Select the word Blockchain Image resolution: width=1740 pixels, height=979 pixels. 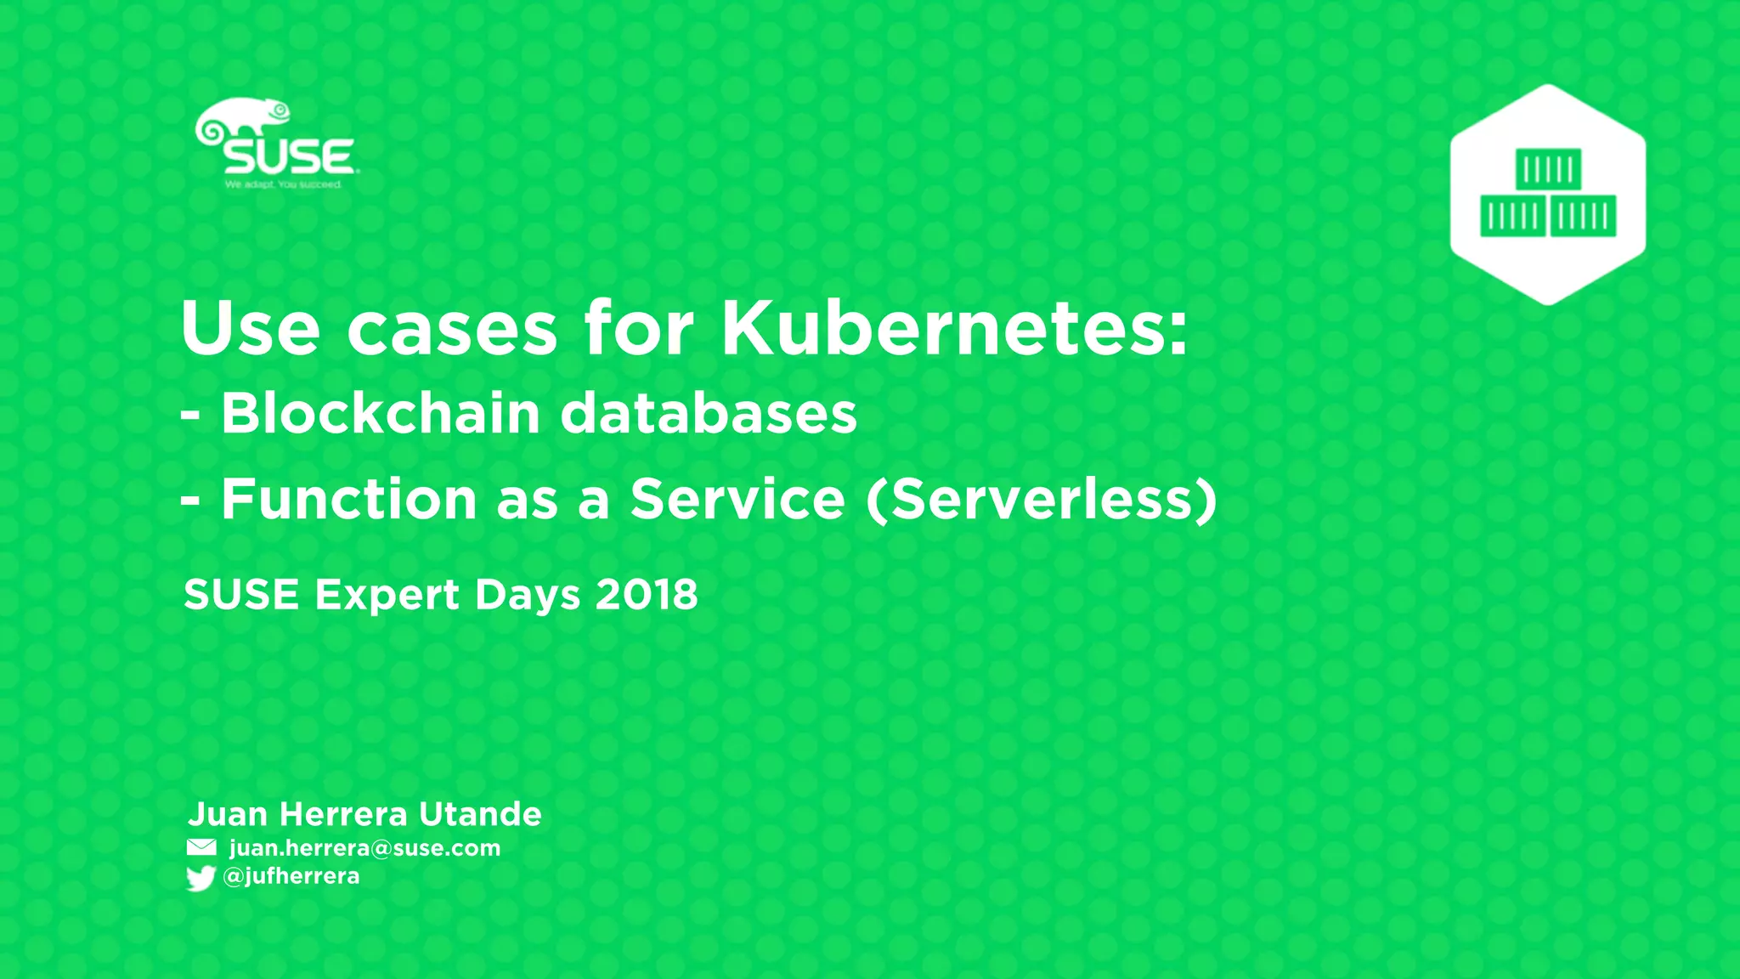coord(381,414)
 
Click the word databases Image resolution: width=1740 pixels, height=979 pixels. coord(709,414)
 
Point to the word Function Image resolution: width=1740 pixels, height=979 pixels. coord(348,499)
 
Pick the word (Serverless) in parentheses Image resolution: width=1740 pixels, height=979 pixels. coord(1042,499)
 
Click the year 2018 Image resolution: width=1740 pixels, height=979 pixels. coord(647,594)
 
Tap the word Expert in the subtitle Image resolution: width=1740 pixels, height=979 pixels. coord(387,595)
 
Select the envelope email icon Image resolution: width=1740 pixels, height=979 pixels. coord(201,847)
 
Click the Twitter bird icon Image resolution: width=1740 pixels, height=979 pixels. coord(201,878)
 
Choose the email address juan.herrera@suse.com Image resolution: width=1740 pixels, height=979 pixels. coord(364,848)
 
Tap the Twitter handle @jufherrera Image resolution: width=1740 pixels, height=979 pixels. coord(291,876)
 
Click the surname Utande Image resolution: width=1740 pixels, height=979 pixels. coord(480,814)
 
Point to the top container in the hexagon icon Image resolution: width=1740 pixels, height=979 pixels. coord(1548,169)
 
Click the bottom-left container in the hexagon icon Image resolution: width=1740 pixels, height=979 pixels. coord(1512,217)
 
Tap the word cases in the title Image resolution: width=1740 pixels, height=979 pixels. coord(452,330)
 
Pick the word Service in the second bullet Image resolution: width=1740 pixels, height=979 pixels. coord(737,499)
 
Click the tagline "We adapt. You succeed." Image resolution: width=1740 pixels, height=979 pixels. coord(283,184)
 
